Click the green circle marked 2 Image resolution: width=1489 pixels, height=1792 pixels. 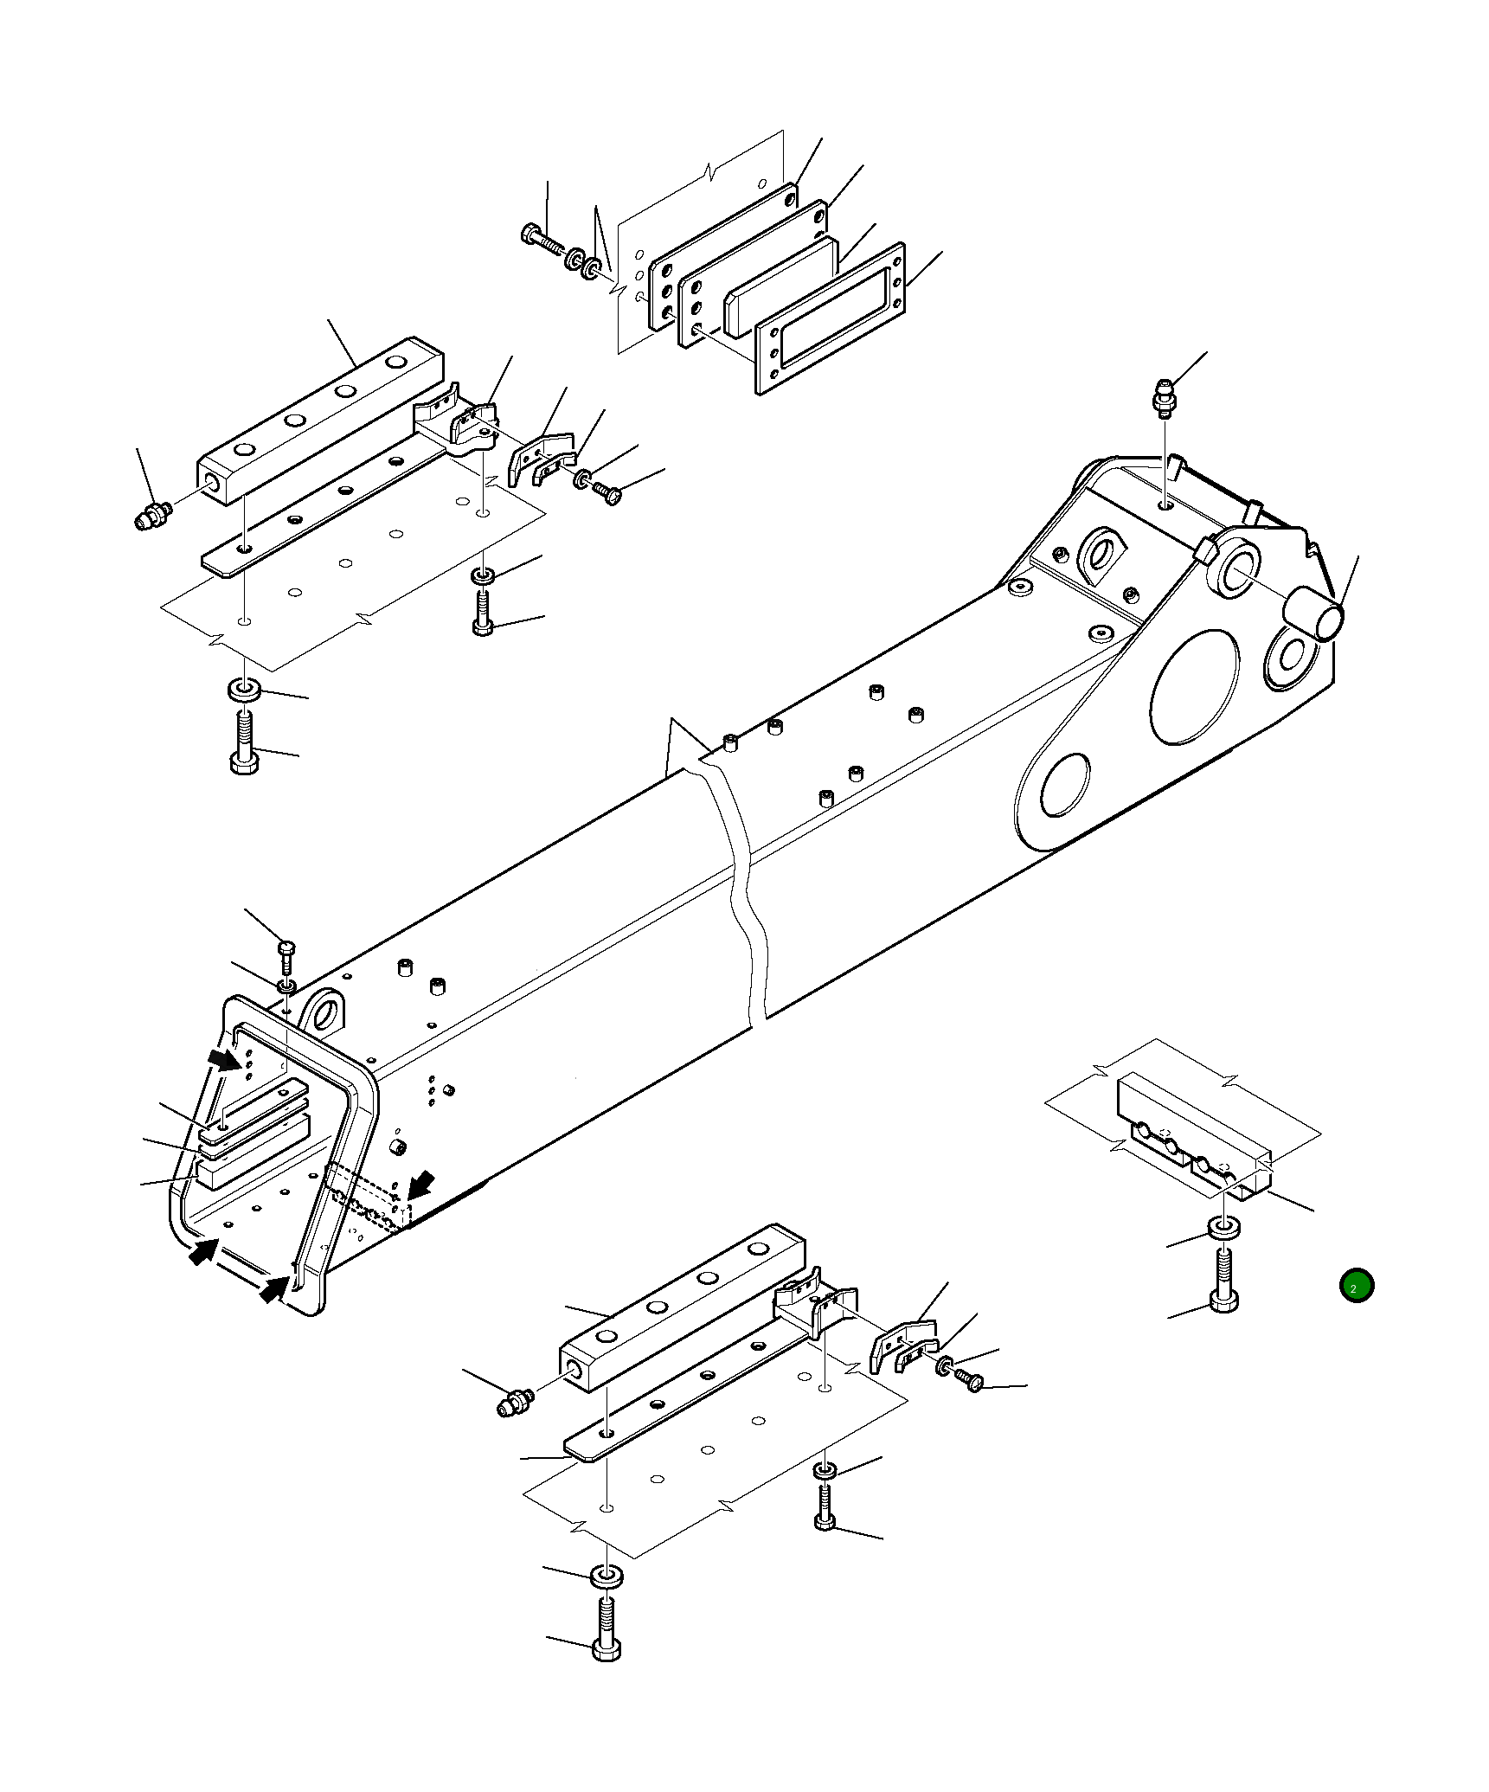(1356, 1285)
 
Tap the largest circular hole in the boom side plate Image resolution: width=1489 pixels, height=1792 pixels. (1194, 686)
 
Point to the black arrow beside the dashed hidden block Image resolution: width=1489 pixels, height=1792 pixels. (422, 1185)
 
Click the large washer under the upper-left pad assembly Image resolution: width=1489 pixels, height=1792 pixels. (244, 690)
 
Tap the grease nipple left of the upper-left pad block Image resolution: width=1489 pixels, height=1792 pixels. (153, 517)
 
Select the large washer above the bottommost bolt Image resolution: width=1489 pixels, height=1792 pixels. (607, 1577)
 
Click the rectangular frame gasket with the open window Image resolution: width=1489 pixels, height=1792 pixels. (831, 319)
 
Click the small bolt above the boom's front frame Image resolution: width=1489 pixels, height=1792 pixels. (287, 954)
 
